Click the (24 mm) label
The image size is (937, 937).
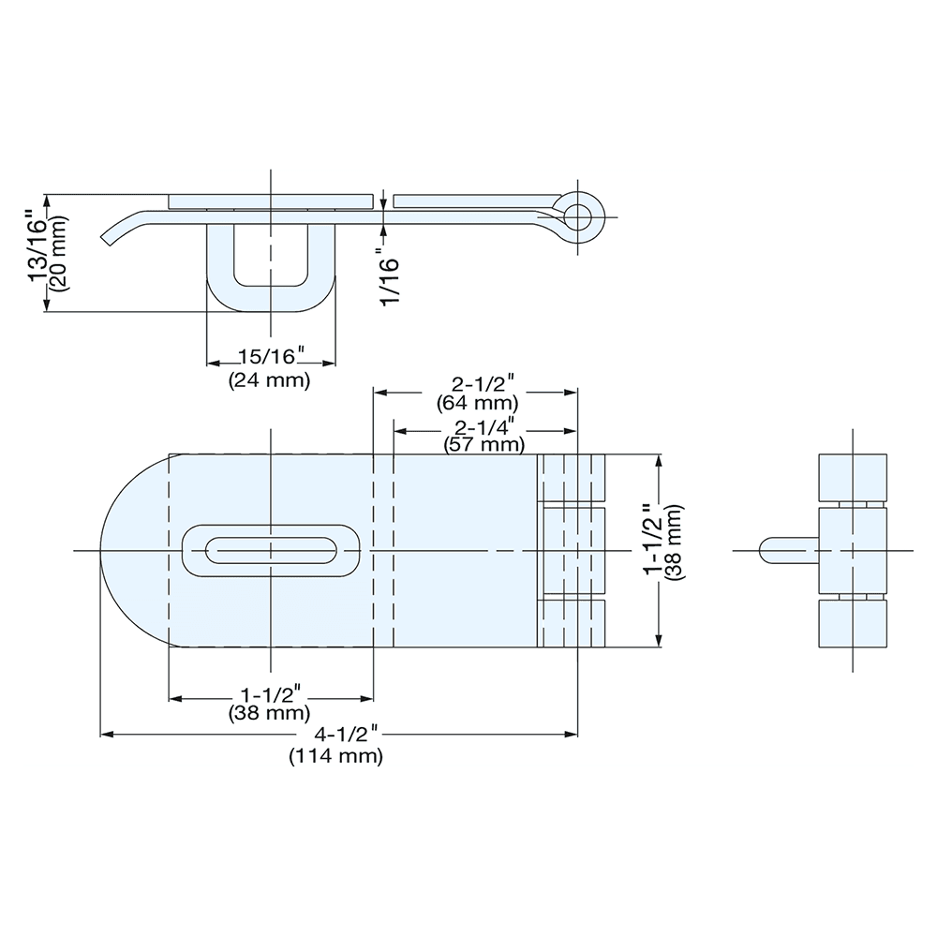pyautogui.click(x=269, y=381)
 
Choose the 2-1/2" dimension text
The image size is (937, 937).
pyautogui.click(x=483, y=384)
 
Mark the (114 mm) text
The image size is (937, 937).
pyautogui.click(x=335, y=756)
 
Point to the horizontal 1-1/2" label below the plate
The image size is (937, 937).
pyautogui.click(x=269, y=694)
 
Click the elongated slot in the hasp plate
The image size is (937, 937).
pyautogui.click(x=271, y=550)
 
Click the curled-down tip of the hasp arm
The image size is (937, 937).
pyautogui.click(x=112, y=234)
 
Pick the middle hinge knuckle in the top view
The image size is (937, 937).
pyautogui.click(x=572, y=550)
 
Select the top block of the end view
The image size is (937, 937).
pyautogui.click(x=853, y=478)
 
